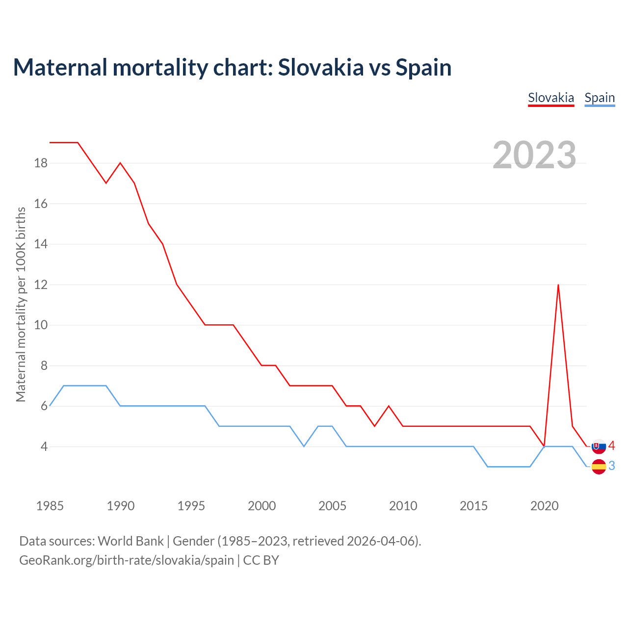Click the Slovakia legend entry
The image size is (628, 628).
click(x=551, y=98)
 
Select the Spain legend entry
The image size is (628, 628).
click(x=600, y=98)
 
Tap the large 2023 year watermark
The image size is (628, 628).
click(x=534, y=155)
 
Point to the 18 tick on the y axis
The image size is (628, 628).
click(x=41, y=163)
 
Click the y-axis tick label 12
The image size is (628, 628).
click(x=41, y=285)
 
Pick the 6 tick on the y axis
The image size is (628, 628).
click(x=44, y=406)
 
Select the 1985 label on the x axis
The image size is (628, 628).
click(x=50, y=506)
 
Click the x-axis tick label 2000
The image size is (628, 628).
click(x=262, y=506)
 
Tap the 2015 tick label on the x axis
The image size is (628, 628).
click(x=473, y=506)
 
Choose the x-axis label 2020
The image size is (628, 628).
click(x=544, y=506)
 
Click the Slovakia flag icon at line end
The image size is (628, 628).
click(x=599, y=446)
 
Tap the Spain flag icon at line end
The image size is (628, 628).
click(x=599, y=467)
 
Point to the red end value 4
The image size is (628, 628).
click(x=611, y=446)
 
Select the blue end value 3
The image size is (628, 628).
click(x=611, y=466)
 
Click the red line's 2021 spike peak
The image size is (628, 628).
click(x=558, y=285)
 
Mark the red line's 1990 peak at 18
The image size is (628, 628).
click(x=120, y=163)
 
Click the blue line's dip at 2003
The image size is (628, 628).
click(x=304, y=446)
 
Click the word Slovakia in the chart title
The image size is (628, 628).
click(x=321, y=67)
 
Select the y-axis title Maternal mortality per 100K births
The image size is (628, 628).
click(x=21, y=304)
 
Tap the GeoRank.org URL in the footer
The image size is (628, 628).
click(x=127, y=560)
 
